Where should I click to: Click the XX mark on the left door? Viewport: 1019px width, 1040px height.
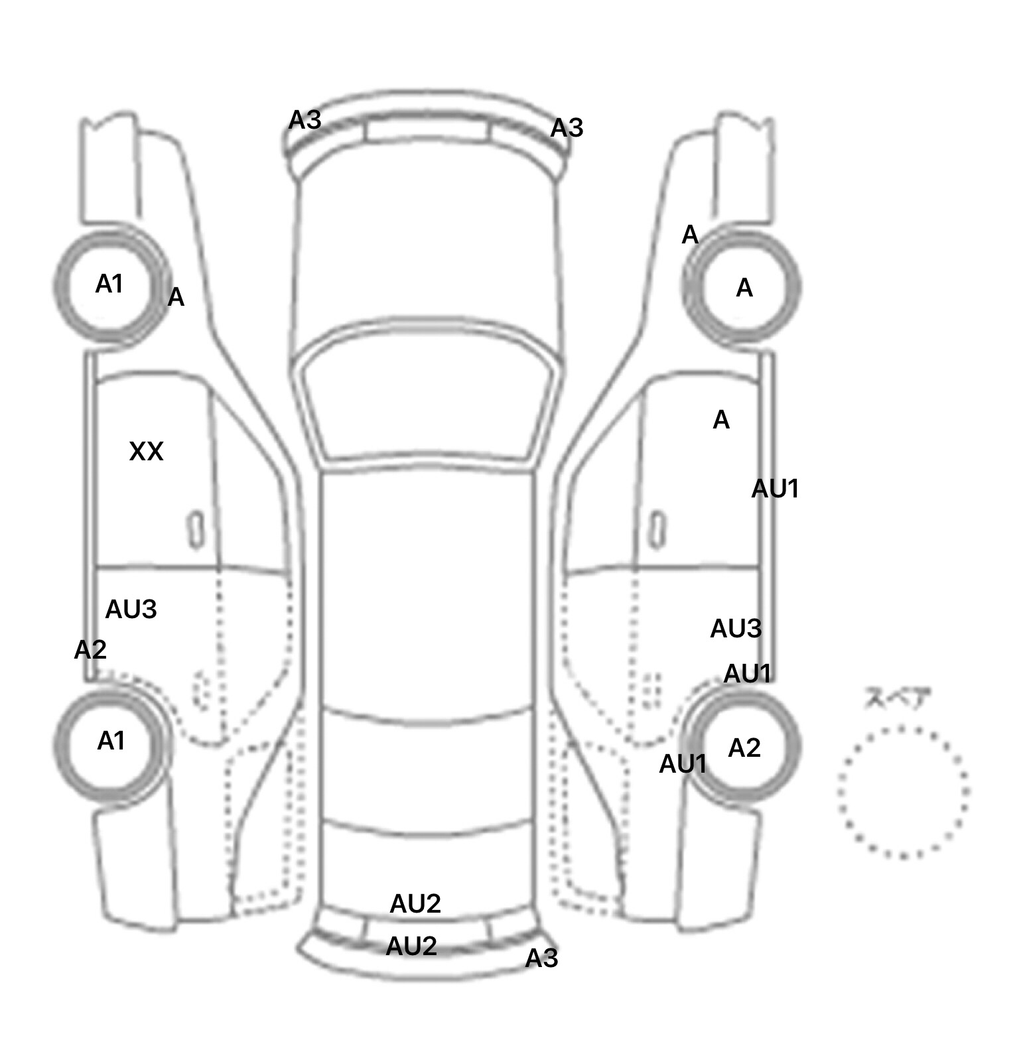pyautogui.click(x=146, y=452)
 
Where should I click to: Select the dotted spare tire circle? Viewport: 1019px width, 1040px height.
pyautogui.click(x=903, y=792)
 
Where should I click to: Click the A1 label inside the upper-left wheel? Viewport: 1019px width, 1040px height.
pyautogui.click(x=109, y=285)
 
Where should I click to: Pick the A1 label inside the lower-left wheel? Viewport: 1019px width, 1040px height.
pyautogui.click(x=111, y=741)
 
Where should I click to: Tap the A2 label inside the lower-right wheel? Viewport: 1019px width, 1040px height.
pyautogui.click(x=744, y=748)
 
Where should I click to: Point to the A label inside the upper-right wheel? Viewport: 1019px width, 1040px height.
pyautogui.click(x=744, y=288)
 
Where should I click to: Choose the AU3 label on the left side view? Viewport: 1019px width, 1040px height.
pyautogui.click(x=131, y=609)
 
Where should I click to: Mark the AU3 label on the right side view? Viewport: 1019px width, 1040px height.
pyautogui.click(x=735, y=629)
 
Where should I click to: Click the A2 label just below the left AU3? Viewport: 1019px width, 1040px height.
pyautogui.click(x=90, y=650)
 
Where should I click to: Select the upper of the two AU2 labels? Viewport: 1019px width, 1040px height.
pyautogui.click(x=415, y=903)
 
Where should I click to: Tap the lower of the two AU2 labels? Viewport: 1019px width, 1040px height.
pyautogui.click(x=411, y=946)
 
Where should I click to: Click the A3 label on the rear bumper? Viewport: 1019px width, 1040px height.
pyautogui.click(x=541, y=958)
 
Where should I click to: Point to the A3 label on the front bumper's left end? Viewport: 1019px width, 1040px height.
pyautogui.click(x=305, y=120)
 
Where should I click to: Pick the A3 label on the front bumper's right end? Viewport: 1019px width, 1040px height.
pyautogui.click(x=567, y=128)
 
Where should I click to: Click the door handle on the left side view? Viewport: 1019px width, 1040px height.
pyautogui.click(x=196, y=530)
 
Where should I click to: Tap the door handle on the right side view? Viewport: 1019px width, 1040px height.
pyautogui.click(x=657, y=530)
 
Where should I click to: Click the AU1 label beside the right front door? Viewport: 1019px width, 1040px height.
pyautogui.click(x=774, y=489)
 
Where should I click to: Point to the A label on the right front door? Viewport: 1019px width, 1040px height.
pyautogui.click(x=720, y=420)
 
